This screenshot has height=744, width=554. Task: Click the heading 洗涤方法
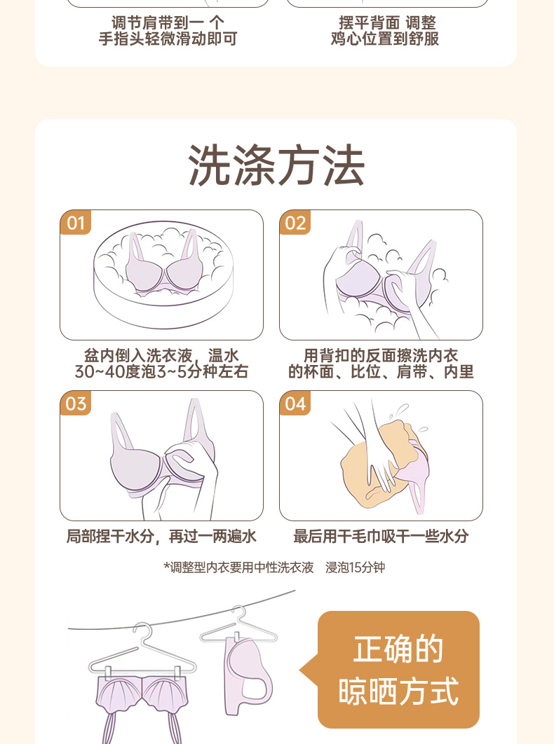pyautogui.click(x=276, y=165)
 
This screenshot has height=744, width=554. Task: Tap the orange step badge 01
pyautogui.click(x=76, y=223)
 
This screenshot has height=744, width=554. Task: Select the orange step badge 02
pyautogui.click(x=295, y=223)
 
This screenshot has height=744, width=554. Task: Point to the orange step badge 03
pyautogui.click(x=76, y=404)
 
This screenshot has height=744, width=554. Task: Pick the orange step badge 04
pyautogui.click(x=295, y=404)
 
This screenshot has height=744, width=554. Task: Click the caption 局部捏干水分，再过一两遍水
pyautogui.click(x=161, y=537)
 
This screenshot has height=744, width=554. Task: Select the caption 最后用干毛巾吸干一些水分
pyautogui.click(x=381, y=537)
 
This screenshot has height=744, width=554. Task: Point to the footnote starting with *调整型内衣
pyautogui.click(x=274, y=567)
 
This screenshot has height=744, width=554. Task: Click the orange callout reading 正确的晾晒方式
pyautogui.click(x=398, y=670)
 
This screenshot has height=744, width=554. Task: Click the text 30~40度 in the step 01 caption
pyautogui.click(x=100, y=371)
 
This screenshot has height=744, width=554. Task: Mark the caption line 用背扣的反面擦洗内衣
pyautogui.click(x=381, y=355)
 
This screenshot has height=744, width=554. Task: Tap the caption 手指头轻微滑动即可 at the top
pyautogui.click(x=168, y=39)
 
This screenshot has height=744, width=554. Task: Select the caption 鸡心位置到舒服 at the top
pyautogui.click(x=385, y=39)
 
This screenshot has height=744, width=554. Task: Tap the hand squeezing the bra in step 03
pyautogui.click(x=190, y=474)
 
